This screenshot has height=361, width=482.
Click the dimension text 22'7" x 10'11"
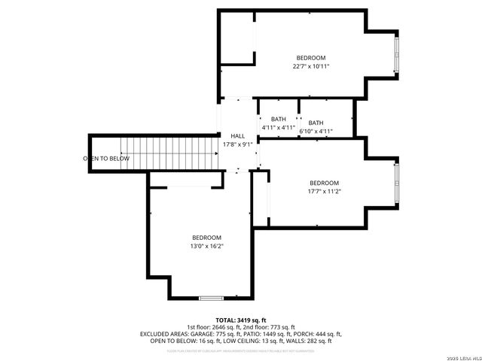coord(310,67)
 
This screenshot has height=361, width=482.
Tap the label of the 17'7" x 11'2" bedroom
coord(324,183)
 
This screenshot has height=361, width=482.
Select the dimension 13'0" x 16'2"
coord(206,246)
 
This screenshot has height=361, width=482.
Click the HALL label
coord(237,135)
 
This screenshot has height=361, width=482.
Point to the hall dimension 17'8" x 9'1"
coord(237,144)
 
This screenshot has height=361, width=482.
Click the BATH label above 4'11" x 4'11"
coord(279,120)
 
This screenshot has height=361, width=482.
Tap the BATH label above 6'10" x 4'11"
coord(316,123)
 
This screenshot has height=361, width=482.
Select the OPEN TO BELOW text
coord(106,159)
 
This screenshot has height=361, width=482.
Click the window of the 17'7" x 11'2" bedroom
coord(396,184)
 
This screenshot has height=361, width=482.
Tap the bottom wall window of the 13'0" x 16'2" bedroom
coord(211,299)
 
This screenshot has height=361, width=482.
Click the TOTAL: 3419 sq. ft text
coord(241,320)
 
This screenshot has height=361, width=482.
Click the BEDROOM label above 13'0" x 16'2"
coord(206,237)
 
